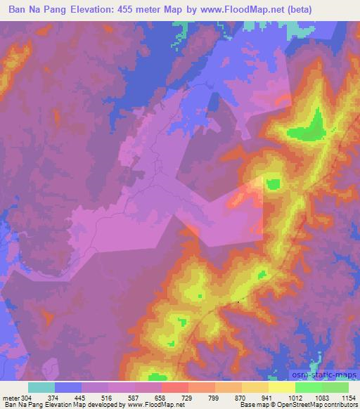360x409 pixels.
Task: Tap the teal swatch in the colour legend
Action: pos(41,387)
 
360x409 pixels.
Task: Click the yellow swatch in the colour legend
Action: pos(282,387)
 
